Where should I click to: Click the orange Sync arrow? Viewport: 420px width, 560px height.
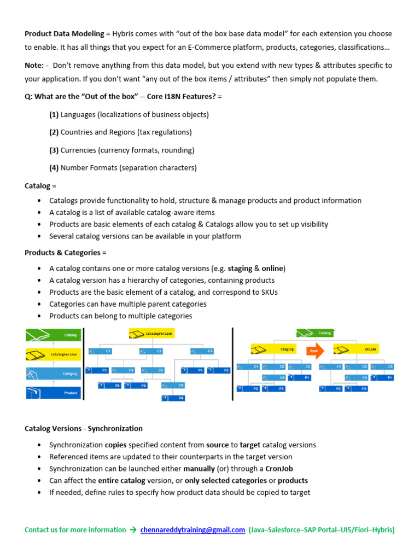click(315, 349)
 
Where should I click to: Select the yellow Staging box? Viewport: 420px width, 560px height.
click(274, 349)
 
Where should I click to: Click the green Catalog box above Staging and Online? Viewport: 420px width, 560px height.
click(316, 332)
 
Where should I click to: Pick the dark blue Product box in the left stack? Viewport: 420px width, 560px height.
click(53, 393)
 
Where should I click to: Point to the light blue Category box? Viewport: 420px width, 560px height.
click(53, 374)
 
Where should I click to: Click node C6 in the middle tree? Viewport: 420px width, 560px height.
click(173, 385)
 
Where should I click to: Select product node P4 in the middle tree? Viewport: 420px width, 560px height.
click(173, 398)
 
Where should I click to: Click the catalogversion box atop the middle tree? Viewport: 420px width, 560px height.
click(151, 332)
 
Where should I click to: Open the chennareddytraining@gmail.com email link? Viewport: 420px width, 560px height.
click(192, 530)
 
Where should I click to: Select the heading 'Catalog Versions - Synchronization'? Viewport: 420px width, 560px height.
click(84, 428)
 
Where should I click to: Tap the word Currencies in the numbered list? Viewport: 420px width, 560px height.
click(79, 150)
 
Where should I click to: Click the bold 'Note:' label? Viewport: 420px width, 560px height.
click(34, 65)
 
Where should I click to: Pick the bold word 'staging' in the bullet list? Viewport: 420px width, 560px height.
click(240, 269)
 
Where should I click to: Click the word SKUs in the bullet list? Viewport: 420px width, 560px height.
click(267, 292)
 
